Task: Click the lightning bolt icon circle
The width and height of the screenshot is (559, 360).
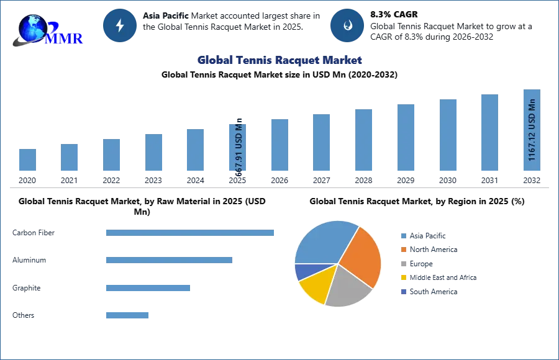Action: (x=120, y=25)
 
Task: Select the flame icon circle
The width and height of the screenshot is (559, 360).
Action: (x=347, y=25)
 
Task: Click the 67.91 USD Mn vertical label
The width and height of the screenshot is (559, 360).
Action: (x=238, y=148)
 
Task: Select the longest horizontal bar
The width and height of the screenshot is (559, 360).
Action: (x=191, y=233)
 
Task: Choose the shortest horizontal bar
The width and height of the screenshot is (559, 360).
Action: (x=127, y=315)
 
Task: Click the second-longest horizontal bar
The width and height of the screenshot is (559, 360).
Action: (x=169, y=258)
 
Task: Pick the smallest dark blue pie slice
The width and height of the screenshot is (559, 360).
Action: (x=302, y=271)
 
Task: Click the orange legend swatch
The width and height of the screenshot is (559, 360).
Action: (x=403, y=250)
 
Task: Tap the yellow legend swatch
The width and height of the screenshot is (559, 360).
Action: (x=403, y=278)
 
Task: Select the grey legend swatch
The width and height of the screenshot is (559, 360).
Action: (x=403, y=264)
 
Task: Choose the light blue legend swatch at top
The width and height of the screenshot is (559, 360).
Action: (x=403, y=235)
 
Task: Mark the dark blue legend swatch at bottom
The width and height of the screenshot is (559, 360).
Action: (x=403, y=292)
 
